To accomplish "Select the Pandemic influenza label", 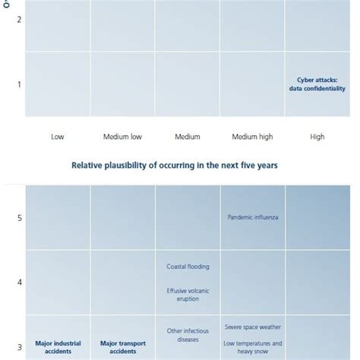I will pos(253,217).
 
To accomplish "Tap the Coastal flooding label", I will pos(188,267).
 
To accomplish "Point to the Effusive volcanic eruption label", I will pos(188,295).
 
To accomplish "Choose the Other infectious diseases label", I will pos(188,335).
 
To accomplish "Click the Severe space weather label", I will pos(253,327).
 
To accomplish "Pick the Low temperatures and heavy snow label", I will pos(253,347).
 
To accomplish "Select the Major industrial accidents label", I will pos(58,347).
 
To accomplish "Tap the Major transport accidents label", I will pos(123,347).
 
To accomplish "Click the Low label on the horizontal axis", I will pos(58,137).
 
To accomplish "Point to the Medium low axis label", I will pos(123,137).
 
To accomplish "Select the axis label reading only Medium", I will pos(188,137).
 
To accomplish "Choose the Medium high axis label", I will pos(253,137).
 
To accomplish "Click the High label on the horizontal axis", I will pos(317,137).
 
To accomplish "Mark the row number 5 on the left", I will pos(20,218).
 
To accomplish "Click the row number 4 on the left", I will pos(20,283).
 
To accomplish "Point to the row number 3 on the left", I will pos(20,346).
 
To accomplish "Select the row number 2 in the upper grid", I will pos(20,20).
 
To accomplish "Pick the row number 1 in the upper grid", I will pos(20,84).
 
